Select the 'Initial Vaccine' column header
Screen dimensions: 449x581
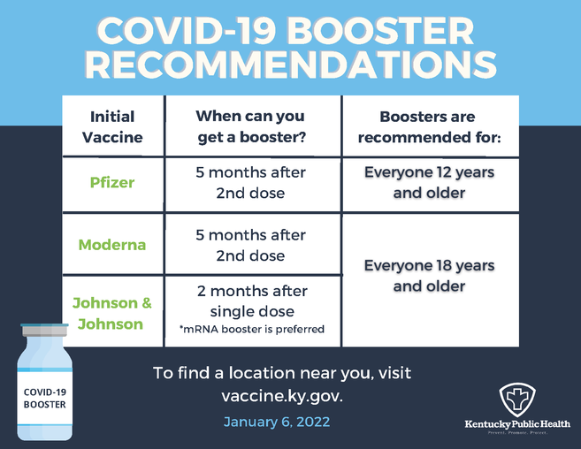click(x=112, y=127)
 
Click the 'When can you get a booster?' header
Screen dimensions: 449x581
click(x=250, y=127)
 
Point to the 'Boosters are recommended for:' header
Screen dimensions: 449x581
click(x=429, y=127)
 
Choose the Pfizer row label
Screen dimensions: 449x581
click(x=112, y=182)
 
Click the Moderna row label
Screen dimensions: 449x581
click(x=112, y=245)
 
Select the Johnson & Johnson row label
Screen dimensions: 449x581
click(x=112, y=313)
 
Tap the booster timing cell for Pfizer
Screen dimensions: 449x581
click(x=250, y=182)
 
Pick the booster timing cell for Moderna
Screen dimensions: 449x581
click(x=250, y=245)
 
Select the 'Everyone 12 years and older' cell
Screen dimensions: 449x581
click(x=429, y=182)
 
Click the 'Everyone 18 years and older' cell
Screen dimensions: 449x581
click(x=429, y=276)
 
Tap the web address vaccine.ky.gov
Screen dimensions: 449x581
click(x=281, y=396)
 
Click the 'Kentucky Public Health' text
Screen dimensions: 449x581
click(x=517, y=424)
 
